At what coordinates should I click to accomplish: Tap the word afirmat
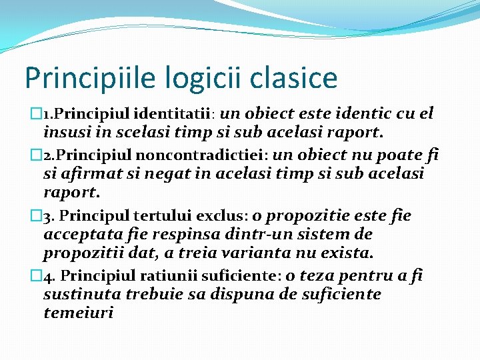pyautogui.click(x=89, y=174)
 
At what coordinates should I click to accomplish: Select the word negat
pyautogui.click(x=165, y=174)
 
